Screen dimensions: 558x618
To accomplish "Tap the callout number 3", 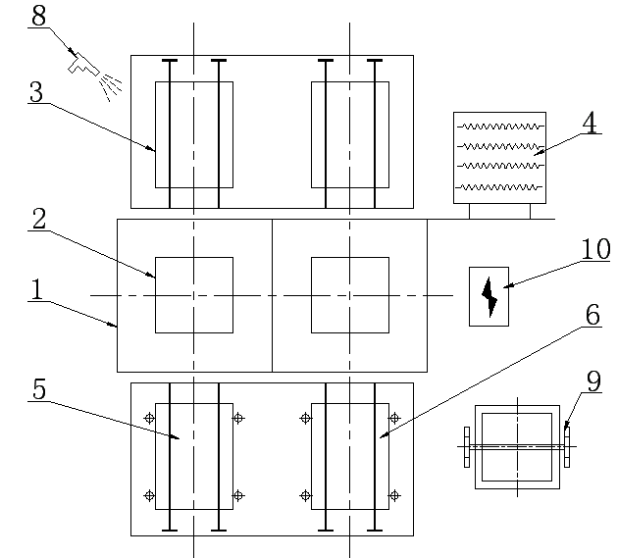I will [36, 93].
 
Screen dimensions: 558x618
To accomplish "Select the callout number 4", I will [589, 123].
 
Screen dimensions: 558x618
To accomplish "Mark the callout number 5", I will [39, 389].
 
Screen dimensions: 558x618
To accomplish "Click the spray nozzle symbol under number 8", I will [86, 65].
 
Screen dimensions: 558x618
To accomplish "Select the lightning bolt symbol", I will [489, 295].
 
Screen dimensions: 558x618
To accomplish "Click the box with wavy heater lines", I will [499, 157].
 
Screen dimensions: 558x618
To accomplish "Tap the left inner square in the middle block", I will [194, 295].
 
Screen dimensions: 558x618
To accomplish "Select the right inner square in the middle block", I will [349, 295].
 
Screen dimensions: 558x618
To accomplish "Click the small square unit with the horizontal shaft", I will [517, 446].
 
